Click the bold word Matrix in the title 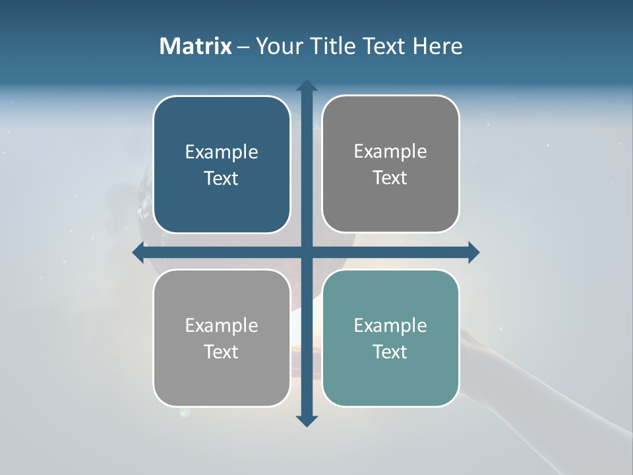coord(196,46)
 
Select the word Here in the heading coord(438,46)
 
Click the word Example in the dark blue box coord(222,152)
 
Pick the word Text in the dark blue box coord(222,178)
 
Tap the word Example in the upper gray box coord(390,151)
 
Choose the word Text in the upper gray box coord(390,177)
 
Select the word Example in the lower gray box coord(222,325)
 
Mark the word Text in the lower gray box coord(222,352)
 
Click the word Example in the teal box coord(390,325)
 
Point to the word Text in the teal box coord(390,352)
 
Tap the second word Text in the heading coord(384,46)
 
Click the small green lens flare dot coord(184,413)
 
